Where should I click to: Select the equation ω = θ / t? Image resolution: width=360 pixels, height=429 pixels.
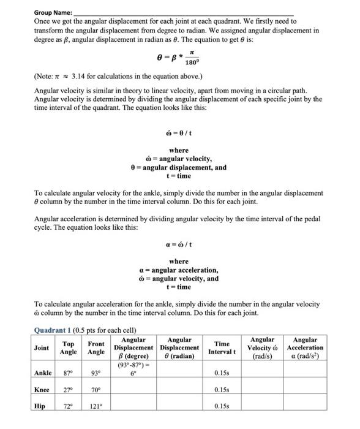tap(179, 133)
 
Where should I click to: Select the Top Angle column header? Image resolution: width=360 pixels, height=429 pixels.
tap(69, 347)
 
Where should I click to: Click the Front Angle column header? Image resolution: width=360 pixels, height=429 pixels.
tap(96, 347)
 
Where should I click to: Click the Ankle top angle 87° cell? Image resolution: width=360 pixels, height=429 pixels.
tap(69, 373)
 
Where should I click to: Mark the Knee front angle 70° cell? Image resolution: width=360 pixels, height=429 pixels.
tap(96, 389)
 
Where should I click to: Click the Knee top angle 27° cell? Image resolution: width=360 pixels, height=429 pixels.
tap(69, 389)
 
